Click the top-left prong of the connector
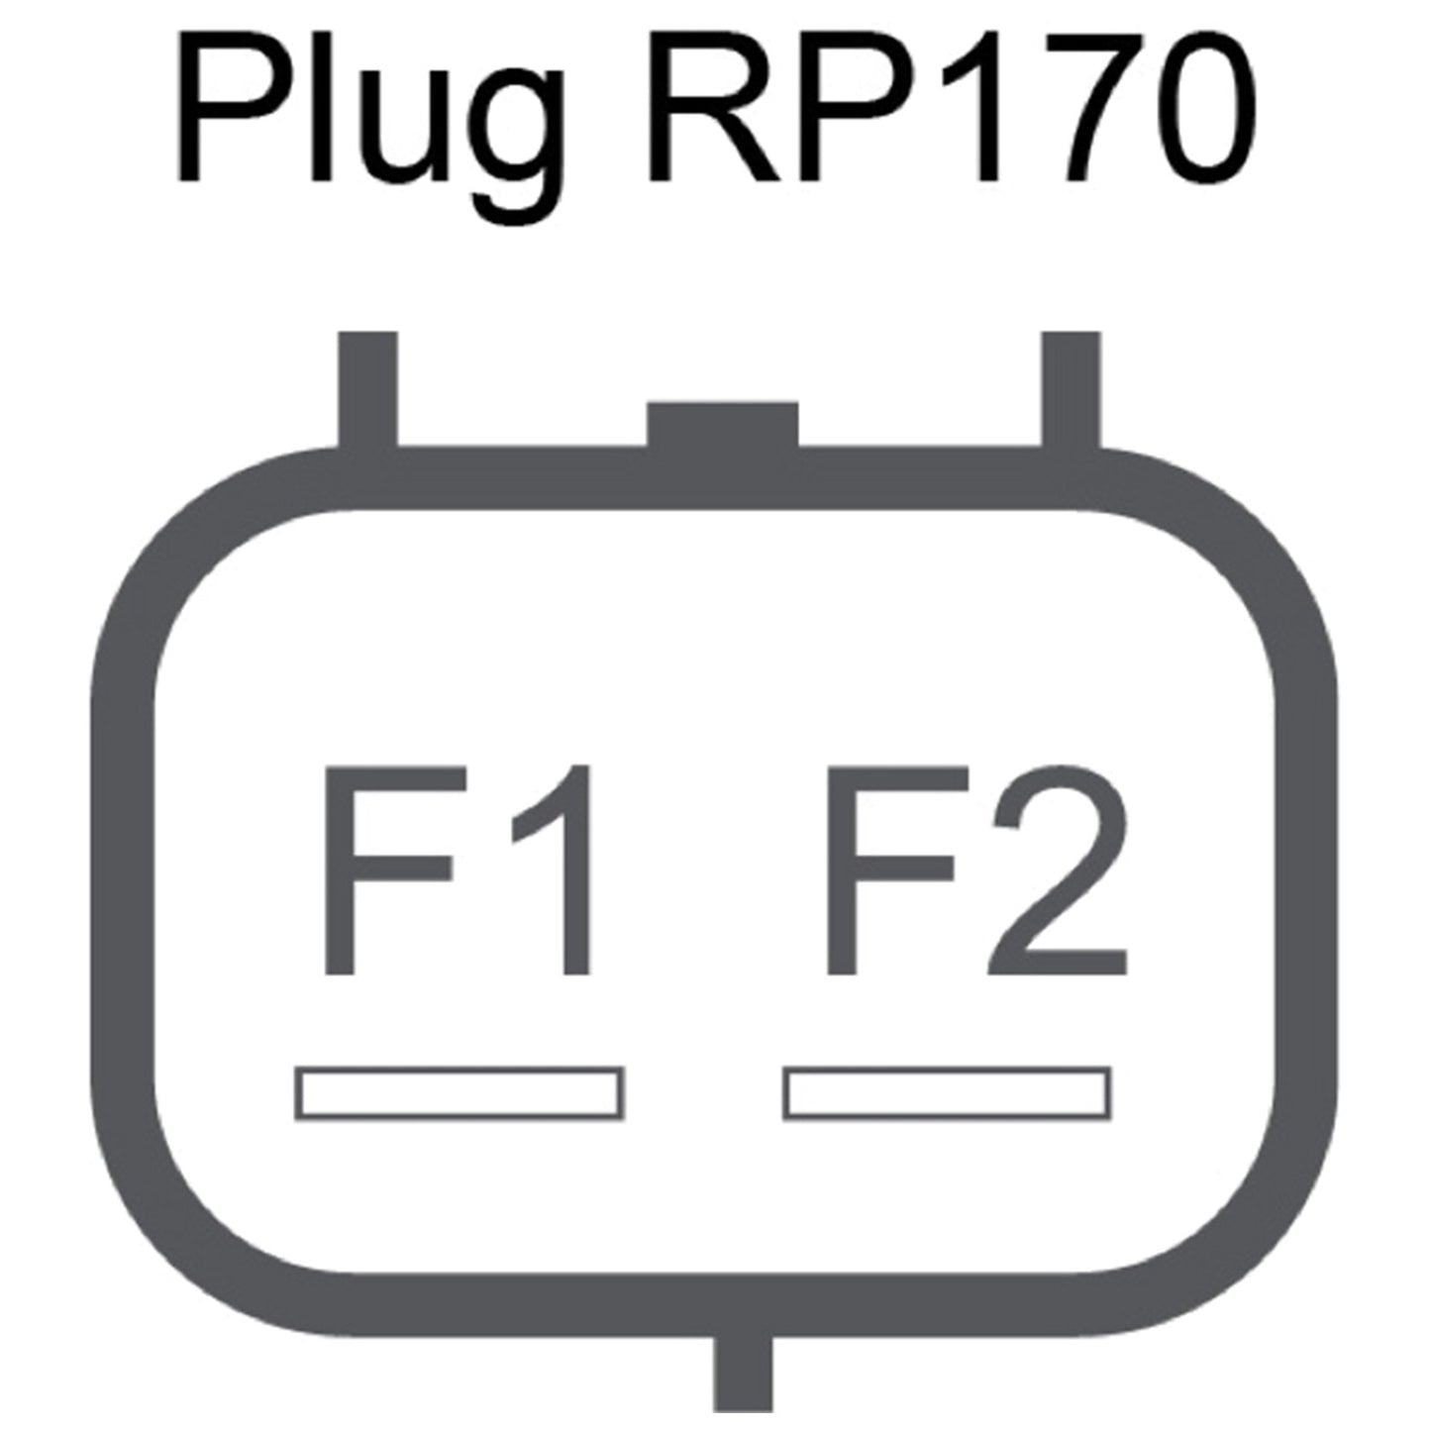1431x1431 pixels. coord(367,390)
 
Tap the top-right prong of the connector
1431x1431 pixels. coord(1071,390)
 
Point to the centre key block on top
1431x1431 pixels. coord(723,426)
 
